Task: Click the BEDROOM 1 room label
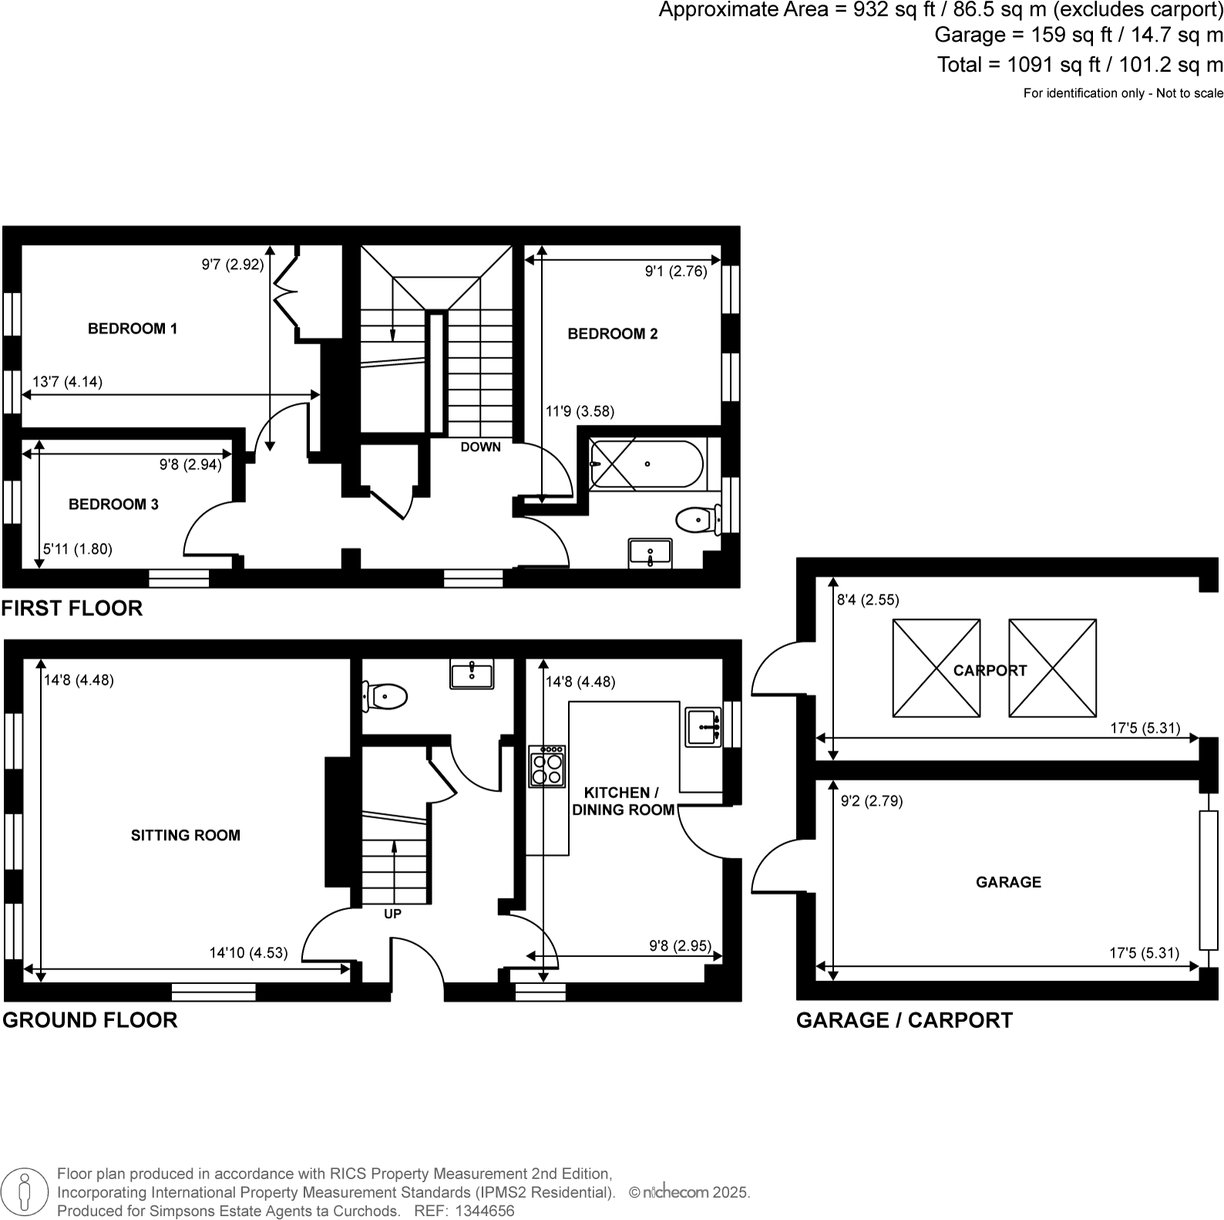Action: (133, 329)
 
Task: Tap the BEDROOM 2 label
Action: (613, 334)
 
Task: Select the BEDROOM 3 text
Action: (113, 504)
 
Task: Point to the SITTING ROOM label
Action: (186, 835)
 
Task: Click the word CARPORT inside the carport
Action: (990, 671)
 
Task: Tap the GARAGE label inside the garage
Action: (1008, 882)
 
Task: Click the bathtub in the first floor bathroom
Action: (646, 463)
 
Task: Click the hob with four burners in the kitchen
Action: (546, 766)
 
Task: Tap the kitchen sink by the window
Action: (703, 726)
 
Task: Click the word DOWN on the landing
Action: (481, 447)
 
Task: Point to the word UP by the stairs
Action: (392, 914)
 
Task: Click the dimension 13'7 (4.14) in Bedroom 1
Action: (68, 382)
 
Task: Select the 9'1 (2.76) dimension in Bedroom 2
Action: (676, 271)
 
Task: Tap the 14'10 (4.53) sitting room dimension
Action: (248, 953)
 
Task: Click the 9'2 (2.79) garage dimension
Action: (872, 801)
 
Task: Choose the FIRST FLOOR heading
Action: (72, 608)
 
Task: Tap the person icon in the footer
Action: (25, 1191)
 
